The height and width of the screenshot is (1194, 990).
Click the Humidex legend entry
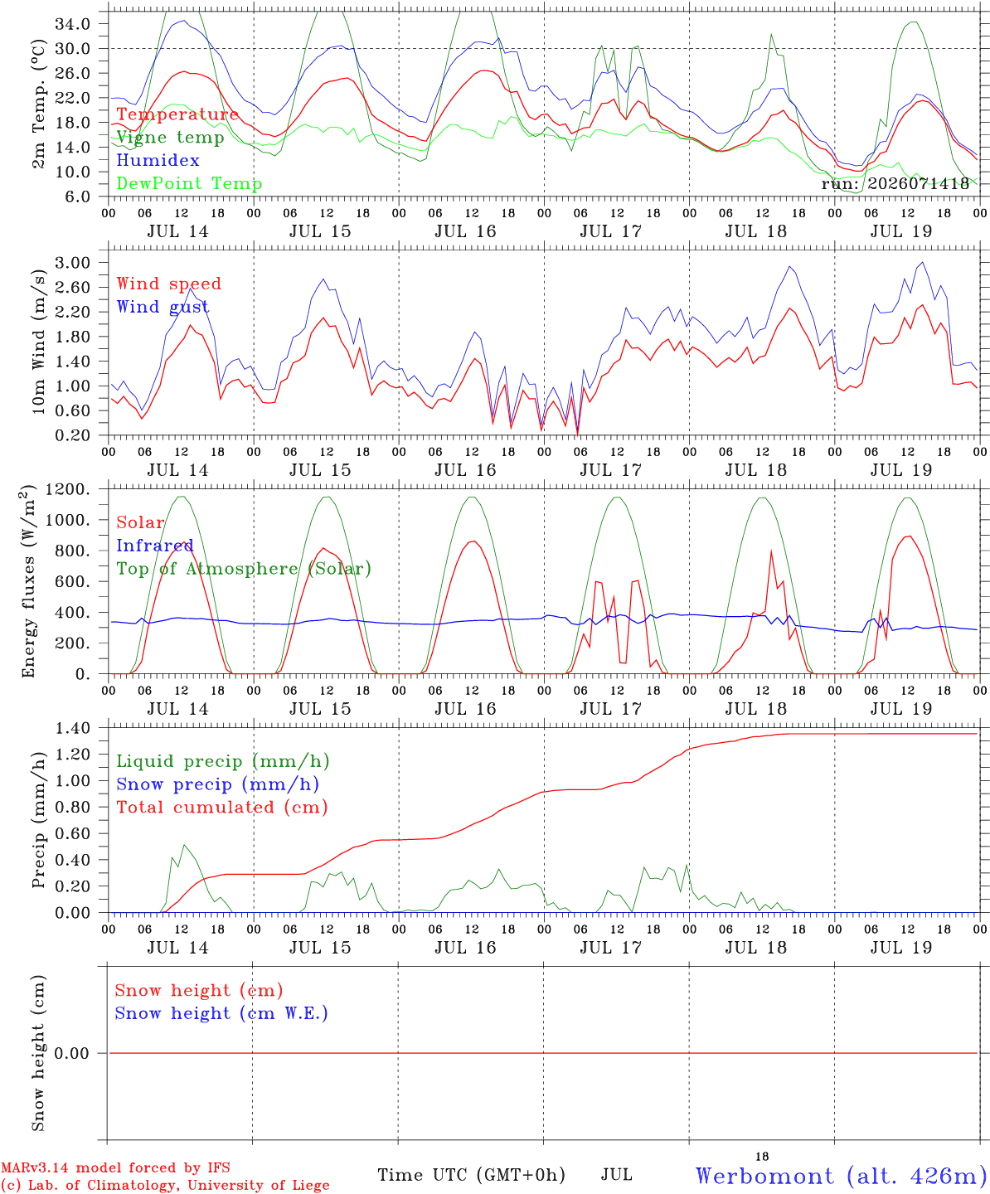[158, 160]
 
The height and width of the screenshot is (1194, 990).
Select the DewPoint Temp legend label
[189, 183]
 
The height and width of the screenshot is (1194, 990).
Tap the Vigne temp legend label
[171, 138]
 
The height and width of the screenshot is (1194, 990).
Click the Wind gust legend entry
[163, 307]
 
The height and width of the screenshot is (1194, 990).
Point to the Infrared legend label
[155, 546]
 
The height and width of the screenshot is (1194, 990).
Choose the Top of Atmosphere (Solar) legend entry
[245, 569]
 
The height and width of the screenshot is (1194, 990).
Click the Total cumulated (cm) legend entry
[222, 808]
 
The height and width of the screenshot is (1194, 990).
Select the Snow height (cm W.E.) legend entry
[221, 1013]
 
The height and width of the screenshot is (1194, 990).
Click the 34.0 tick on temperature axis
[73, 24]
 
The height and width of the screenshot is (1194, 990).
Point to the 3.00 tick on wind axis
[73, 263]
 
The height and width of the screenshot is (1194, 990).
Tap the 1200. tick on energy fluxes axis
[68, 489]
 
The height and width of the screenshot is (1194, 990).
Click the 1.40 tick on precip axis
[73, 729]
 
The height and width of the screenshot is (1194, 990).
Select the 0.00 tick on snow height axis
[72, 1053]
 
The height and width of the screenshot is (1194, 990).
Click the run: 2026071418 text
[895, 183]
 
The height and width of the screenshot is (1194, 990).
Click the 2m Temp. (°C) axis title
[38, 104]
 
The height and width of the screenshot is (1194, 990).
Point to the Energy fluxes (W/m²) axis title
[28, 581]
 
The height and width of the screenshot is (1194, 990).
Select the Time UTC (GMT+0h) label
[471, 1175]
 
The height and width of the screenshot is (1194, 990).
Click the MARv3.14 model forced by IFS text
[115, 1167]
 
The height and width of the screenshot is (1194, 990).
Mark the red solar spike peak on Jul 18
[771, 551]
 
